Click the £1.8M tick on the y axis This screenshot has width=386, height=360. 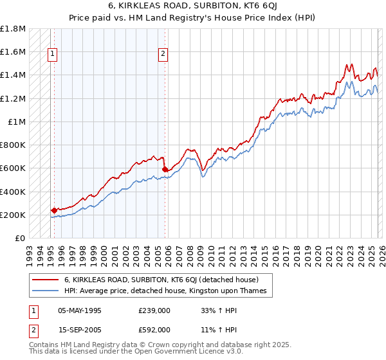(x=13, y=29)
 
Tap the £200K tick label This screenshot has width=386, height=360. (x=13, y=215)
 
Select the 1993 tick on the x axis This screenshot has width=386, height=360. (x=30, y=251)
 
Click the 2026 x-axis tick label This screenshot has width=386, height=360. (x=381, y=251)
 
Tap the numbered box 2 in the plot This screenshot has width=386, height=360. (x=163, y=55)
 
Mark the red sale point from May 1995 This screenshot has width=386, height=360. (x=53, y=210)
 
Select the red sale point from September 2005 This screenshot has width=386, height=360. (x=164, y=169)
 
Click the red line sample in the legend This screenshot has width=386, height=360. (x=45, y=280)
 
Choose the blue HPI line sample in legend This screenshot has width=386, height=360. (x=45, y=291)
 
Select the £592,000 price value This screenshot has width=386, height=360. (x=154, y=328)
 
